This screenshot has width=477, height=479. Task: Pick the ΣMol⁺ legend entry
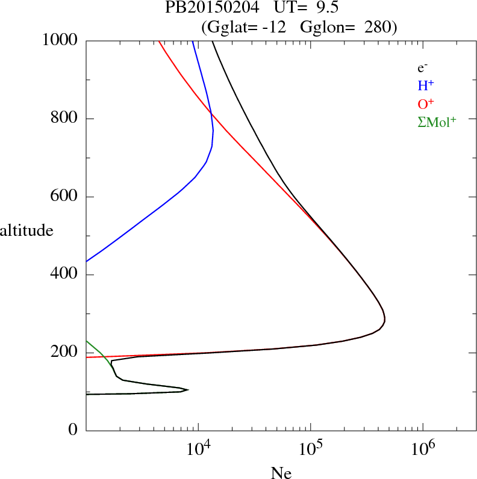[437, 122]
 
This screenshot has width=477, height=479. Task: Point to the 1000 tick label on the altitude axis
[60, 40]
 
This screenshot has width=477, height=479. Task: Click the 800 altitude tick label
[64, 119]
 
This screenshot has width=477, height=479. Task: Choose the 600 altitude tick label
[64, 197]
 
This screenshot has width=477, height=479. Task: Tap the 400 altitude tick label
[64, 275]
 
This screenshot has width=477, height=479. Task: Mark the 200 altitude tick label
[64, 353]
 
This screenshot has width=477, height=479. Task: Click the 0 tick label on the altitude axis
[73, 430]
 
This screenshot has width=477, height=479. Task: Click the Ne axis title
[280, 473]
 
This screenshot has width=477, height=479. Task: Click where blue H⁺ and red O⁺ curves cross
[211, 114]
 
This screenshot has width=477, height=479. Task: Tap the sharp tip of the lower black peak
[189, 389]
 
